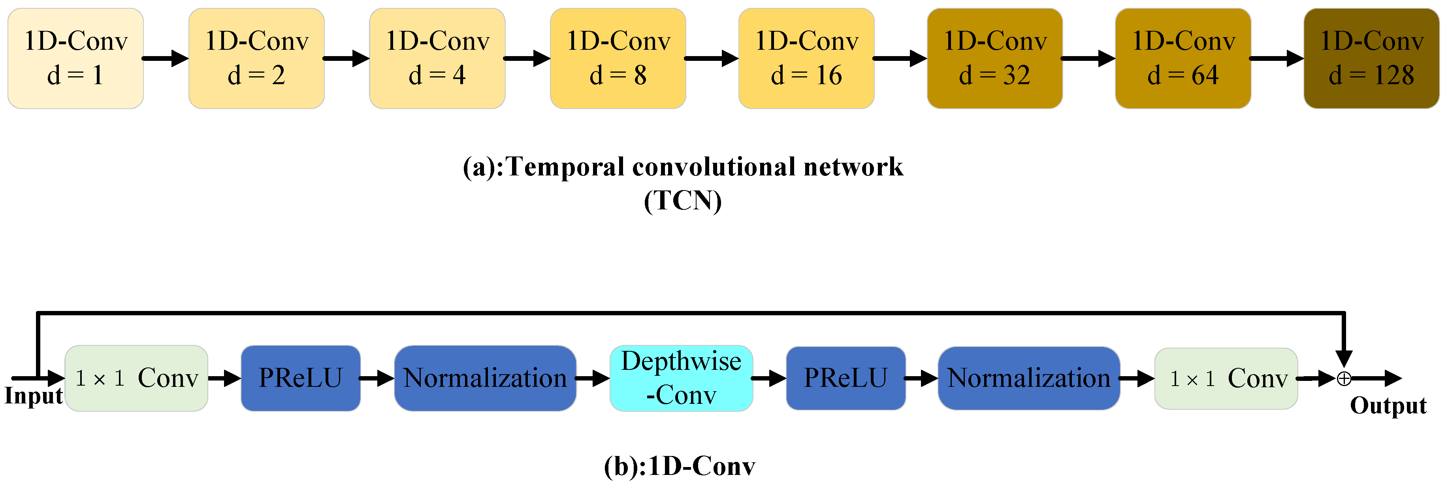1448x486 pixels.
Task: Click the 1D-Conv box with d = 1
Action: point(75,58)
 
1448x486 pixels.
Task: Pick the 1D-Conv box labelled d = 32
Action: point(994,58)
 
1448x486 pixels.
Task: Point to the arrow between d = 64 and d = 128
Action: point(1277,58)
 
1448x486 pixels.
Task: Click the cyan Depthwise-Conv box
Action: point(681,378)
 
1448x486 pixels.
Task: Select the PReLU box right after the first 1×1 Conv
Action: point(300,378)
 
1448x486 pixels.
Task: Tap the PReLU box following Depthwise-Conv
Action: point(845,378)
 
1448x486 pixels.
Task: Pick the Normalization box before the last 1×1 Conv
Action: point(1029,378)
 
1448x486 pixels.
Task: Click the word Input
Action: point(33,396)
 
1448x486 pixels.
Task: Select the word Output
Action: point(1388,406)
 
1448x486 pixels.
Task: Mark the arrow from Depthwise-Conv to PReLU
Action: point(769,378)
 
